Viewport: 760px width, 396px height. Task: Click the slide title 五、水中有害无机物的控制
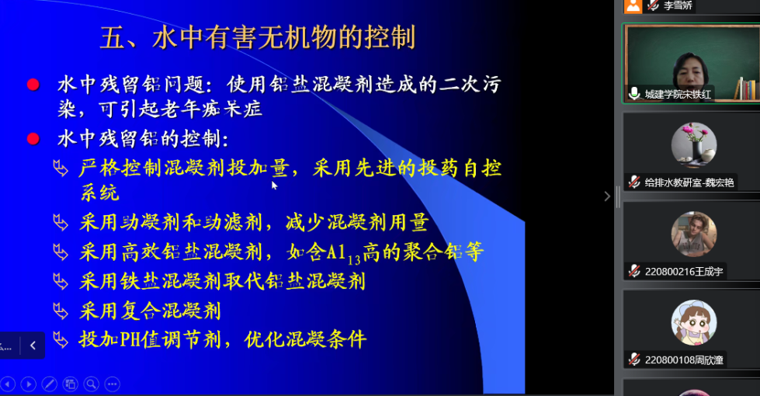click(258, 38)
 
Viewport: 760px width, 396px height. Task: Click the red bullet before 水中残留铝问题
click(33, 85)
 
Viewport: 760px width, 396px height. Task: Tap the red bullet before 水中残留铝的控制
click(33, 139)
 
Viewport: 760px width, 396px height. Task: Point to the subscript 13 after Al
click(354, 260)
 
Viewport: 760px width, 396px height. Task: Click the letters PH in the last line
click(130, 339)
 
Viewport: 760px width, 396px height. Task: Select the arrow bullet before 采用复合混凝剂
click(61, 311)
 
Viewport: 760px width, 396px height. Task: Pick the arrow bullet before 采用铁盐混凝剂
click(61, 282)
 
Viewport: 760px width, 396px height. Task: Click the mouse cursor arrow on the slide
click(274, 185)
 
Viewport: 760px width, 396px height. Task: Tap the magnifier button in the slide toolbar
click(91, 384)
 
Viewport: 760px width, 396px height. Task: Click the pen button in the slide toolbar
click(50, 384)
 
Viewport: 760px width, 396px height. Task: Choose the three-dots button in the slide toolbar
click(112, 384)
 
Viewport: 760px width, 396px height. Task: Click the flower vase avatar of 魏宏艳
click(694, 145)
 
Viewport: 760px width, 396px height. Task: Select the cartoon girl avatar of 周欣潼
click(694, 322)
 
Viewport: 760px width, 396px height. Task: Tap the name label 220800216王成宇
click(684, 272)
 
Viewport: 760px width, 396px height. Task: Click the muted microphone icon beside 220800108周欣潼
click(634, 360)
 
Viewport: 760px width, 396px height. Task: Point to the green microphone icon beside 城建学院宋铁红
click(634, 93)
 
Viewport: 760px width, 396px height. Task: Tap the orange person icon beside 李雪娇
click(633, 5)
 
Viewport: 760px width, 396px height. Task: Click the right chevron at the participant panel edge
click(607, 196)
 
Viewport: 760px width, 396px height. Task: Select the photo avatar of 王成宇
click(694, 234)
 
